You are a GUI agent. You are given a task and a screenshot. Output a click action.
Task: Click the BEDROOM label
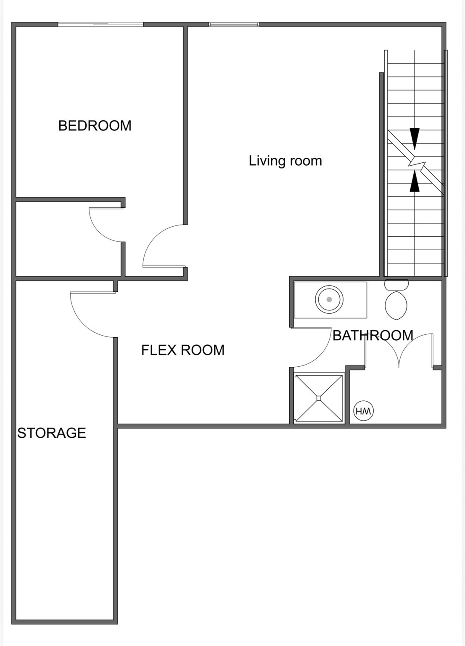pyautogui.click(x=95, y=126)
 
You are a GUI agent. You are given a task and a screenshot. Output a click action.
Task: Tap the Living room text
pyautogui.click(x=285, y=161)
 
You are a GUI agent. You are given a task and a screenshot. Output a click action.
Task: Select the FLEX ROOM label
pyautogui.click(x=182, y=350)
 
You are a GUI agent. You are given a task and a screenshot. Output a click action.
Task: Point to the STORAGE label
pyautogui.click(x=51, y=433)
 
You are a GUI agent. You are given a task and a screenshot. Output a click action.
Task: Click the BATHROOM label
pyautogui.click(x=373, y=335)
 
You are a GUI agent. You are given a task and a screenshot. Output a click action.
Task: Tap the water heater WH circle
pyautogui.click(x=363, y=411)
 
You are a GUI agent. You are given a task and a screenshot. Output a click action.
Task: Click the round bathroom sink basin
pyautogui.click(x=329, y=299)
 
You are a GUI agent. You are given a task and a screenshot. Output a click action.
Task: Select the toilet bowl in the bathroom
pyautogui.click(x=396, y=305)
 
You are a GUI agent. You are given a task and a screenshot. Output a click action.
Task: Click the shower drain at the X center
pyautogui.click(x=319, y=398)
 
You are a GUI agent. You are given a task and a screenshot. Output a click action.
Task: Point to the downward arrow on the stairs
pyautogui.click(x=415, y=138)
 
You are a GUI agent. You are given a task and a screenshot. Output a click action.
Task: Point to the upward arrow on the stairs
pyautogui.click(x=415, y=182)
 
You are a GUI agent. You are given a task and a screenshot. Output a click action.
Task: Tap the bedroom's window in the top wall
pyautogui.click(x=100, y=24)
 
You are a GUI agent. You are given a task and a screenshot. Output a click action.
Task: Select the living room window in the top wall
pyautogui.click(x=234, y=24)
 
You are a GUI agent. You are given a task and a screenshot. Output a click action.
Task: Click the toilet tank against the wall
pyautogui.click(x=396, y=284)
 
